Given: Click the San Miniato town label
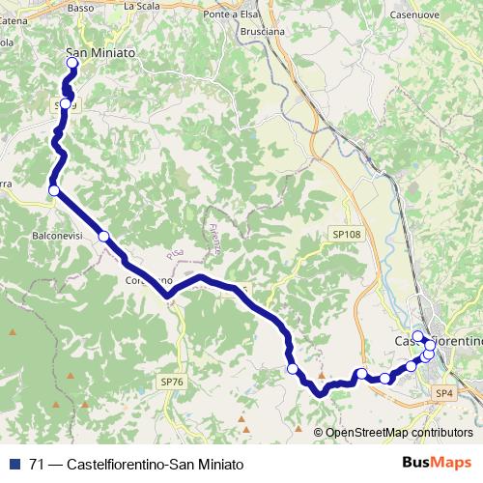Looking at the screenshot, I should coord(100,52).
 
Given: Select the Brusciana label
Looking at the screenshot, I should coord(260,31).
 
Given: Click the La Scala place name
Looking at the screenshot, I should coord(141,6).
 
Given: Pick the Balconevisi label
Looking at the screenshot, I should coord(60,235).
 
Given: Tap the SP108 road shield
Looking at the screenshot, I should coord(346,234).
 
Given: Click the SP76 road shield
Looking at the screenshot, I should coord(172,382).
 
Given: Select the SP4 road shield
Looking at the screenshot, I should coord(443,393).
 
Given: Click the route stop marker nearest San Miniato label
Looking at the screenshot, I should coord(71,64).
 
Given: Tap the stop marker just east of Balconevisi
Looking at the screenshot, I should coord(103,237).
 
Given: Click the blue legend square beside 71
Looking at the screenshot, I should coord(14,464).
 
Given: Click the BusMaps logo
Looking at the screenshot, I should coord(437,464).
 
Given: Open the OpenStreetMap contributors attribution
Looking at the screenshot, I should coord(399,433).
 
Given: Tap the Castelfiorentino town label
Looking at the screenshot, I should coord(439,342).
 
